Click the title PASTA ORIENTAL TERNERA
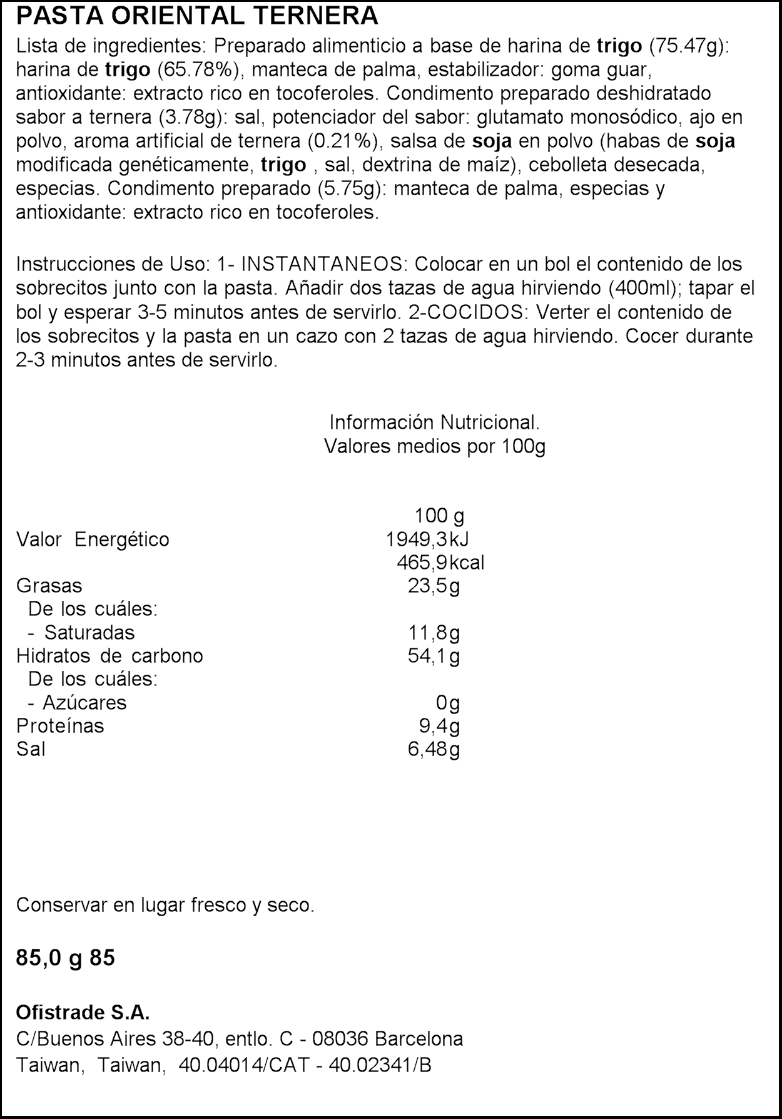[x=197, y=15]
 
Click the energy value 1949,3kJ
[x=427, y=539]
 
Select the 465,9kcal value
[x=440, y=562]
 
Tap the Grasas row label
[x=49, y=586]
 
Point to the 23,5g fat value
[x=434, y=586]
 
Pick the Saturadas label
[x=89, y=633]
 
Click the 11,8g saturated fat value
[x=434, y=633]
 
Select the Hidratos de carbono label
[x=109, y=656]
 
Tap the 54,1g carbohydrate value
[x=434, y=656]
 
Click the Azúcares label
[x=84, y=703]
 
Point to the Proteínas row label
[x=60, y=726]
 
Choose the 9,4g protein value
[x=439, y=726]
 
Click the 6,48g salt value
[x=434, y=749]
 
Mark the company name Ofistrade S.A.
[x=83, y=1013]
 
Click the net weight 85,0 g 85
[x=66, y=958]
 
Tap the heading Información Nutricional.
[x=434, y=422]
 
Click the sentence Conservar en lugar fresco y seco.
[x=165, y=905]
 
